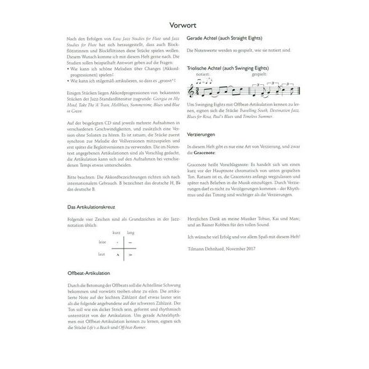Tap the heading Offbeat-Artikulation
point(90,271)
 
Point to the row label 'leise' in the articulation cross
point(102,242)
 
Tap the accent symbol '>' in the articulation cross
point(130,253)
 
